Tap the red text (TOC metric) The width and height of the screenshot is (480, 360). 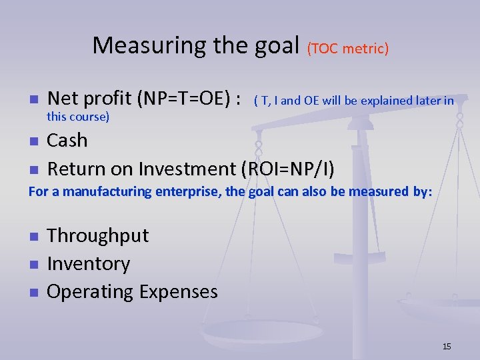click(348, 48)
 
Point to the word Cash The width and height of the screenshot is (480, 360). click(67, 141)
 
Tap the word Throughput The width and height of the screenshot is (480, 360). click(98, 235)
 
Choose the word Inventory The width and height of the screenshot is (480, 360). click(89, 263)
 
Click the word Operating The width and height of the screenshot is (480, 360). click(90, 292)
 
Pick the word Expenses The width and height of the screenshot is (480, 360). click(179, 292)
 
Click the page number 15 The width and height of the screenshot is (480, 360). click(447, 346)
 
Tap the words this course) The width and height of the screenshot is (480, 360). click(78, 117)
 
